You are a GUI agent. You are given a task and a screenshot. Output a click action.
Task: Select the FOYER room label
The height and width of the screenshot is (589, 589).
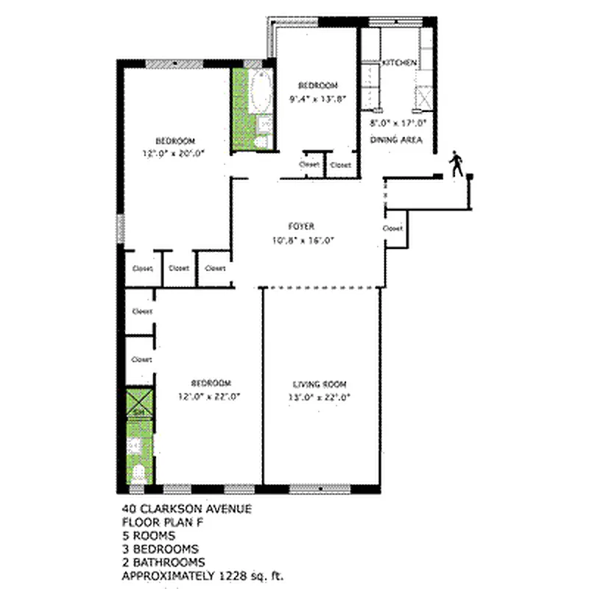(x=302, y=226)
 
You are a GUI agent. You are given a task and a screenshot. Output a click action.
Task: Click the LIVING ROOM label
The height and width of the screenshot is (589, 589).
(x=320, y=384)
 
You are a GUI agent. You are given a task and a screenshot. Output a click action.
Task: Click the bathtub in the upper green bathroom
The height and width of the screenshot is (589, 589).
(x=261, y=92)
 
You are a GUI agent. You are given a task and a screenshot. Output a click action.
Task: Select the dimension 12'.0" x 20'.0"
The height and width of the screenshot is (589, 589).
(x=174, y=154)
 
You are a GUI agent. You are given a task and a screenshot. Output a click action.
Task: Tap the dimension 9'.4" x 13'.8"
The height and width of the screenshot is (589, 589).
(x=317, y=98)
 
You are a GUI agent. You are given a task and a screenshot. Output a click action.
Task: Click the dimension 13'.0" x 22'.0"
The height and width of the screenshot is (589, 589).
(x=320, y=397)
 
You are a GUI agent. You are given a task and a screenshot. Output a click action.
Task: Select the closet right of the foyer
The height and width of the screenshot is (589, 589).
(x=393, y=229)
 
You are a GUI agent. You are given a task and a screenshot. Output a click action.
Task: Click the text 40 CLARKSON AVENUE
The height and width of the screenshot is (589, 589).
(x=177, y=509)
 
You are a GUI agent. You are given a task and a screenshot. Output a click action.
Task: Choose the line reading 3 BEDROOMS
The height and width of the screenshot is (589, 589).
(x=161, y=549)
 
